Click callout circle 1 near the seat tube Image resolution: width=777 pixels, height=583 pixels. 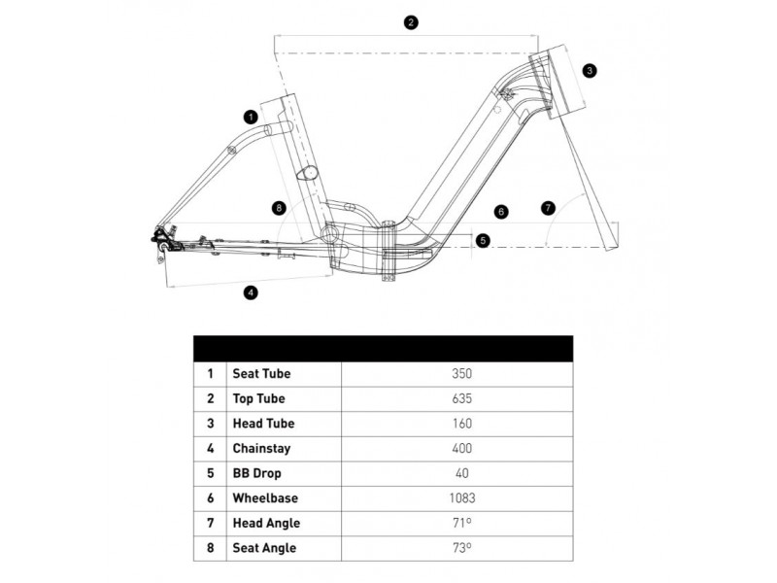(251, 117)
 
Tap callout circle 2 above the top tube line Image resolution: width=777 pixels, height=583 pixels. (412, 22)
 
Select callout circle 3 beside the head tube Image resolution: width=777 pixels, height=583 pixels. (590, 70)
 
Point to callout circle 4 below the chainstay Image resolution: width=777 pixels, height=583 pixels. (251, 291)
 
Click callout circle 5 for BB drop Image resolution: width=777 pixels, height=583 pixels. (484, 239)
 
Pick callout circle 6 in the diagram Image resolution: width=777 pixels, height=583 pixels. (501, 211)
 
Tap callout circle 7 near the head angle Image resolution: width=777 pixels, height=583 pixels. (549, 208)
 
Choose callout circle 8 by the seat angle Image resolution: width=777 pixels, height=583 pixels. (280, 207)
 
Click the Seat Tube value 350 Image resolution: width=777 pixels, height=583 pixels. (461, 373)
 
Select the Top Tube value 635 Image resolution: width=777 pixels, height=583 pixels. (461, 398)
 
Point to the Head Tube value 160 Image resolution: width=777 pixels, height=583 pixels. (461, 424)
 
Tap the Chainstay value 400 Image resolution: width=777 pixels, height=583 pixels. (461, 449)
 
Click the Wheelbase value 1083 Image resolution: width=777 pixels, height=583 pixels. (461, 498)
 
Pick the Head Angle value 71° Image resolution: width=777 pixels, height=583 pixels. (461, 524)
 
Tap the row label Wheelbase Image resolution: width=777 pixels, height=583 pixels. (266, 498)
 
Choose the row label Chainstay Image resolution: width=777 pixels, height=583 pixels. (262, 449)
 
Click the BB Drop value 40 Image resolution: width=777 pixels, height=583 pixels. (461, 473)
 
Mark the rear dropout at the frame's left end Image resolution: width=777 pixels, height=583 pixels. (161, 242)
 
